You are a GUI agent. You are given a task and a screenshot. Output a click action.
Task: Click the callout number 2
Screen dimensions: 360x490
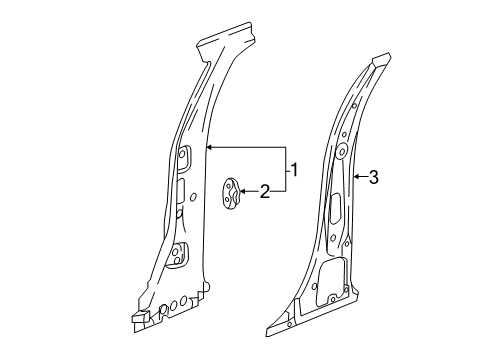point(265,191)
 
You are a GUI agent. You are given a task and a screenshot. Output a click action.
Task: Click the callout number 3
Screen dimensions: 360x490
point(373,177)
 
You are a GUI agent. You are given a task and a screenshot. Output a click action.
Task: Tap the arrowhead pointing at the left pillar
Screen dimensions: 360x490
point(207,146)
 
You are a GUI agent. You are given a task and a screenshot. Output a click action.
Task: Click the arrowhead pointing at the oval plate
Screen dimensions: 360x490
point(246,191)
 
